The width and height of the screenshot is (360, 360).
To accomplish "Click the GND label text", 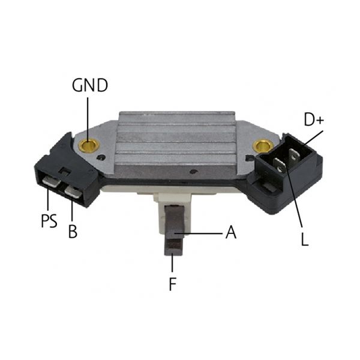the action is (x=90, y=85).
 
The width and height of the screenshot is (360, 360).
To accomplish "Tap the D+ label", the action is (x=314, y=119).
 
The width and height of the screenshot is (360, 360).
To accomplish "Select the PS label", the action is (x=49, y=221).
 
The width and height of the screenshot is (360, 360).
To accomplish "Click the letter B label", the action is (x=73, y=231).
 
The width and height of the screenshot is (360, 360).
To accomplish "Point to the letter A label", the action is (x=231, y=232).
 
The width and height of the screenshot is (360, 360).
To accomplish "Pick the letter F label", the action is (x=173, y=284).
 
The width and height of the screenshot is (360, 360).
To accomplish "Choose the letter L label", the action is (x=304, y=239).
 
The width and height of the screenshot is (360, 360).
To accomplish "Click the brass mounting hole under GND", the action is (x=89, y=145).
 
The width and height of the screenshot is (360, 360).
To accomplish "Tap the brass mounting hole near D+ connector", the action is (x=263, y=146).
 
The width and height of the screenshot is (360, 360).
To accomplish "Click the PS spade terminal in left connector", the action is (x=52, y=182).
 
